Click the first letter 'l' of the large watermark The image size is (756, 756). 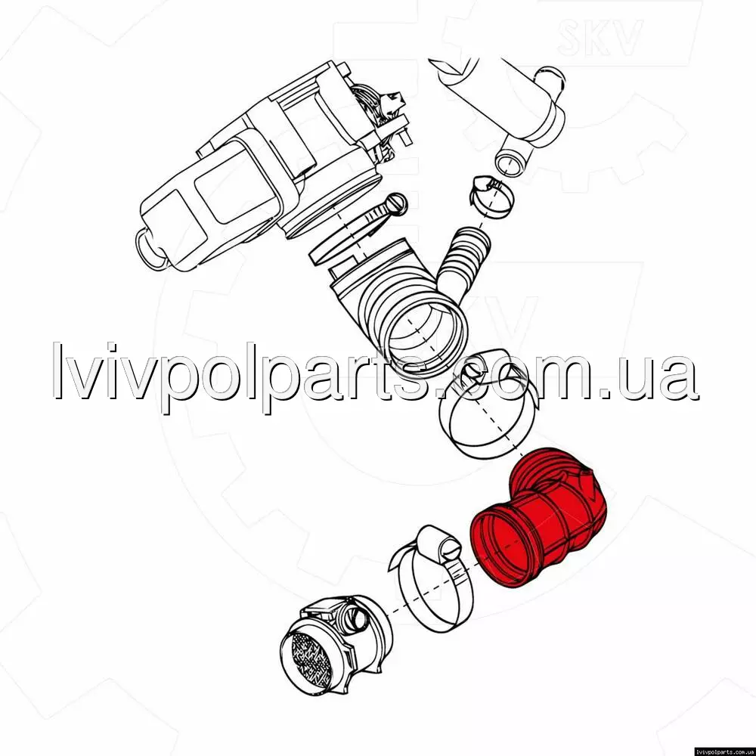[x=58, y=370]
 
